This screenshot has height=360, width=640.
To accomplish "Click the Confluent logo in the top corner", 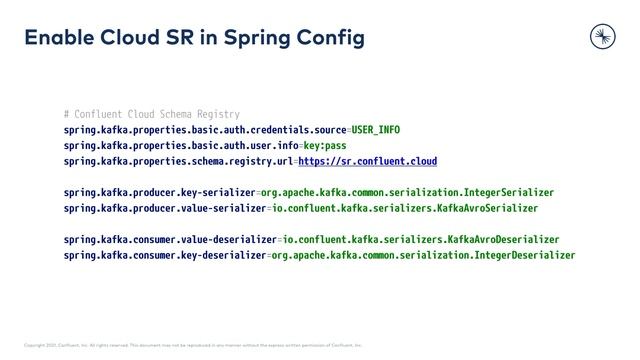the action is pyautogui.click(x=602, y=37).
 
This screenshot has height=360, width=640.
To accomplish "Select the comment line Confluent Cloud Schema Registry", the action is pyautogui.click(x=151, y=114).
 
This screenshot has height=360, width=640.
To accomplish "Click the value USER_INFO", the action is pyautogui.click(x=376, y=130).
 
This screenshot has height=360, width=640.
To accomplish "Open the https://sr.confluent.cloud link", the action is pyautogui.click(x=367, y=162).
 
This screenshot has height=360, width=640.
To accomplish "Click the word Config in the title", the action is pyautogui.click(x=334, y=38).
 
